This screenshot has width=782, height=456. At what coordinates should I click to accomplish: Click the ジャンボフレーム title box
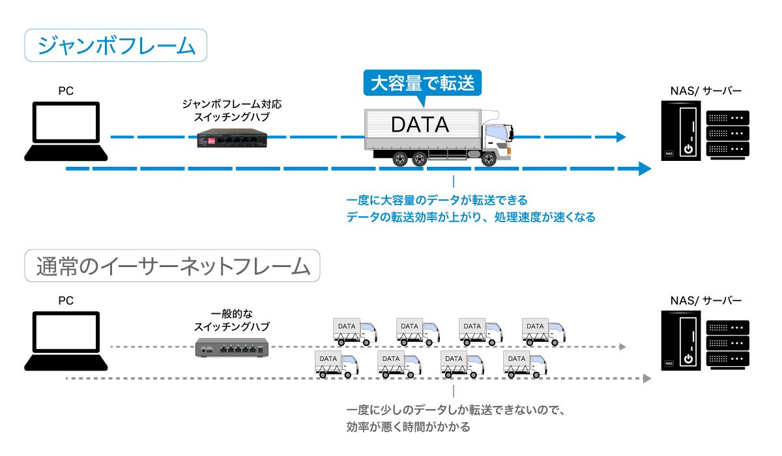[x=116, y=46]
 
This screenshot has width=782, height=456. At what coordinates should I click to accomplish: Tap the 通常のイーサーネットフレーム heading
[x=172, y=266]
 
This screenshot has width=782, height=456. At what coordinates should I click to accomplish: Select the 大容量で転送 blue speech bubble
[x=422, y=83]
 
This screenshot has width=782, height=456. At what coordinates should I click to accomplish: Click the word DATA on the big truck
[x=420, y=124]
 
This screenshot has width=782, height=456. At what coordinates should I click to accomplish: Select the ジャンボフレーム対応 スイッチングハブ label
[x=232, y=110]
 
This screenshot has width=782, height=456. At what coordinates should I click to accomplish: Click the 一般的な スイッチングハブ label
[x=232, y=319]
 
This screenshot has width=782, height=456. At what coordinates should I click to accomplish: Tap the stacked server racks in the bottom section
[x=728, y=345]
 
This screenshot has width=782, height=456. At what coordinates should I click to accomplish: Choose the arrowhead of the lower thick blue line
[x=644, y=169]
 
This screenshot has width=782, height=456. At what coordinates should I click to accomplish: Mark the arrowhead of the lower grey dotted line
[x=646, y=378]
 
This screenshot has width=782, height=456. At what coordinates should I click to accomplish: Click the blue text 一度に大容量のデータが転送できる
[x=437, y=199]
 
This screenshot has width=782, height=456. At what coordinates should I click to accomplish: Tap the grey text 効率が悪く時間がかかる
[x=409, y=427]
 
